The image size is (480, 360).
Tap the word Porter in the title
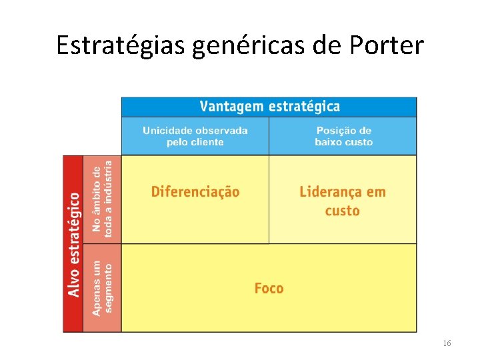[389, 45]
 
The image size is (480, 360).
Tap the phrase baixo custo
[344, 142]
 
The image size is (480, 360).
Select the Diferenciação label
[195, 192]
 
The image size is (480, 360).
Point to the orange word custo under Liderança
[343, 211]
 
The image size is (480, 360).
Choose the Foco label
[269, 288]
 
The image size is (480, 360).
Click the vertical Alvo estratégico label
[73, 244]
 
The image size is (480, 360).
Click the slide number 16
[447, 343]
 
